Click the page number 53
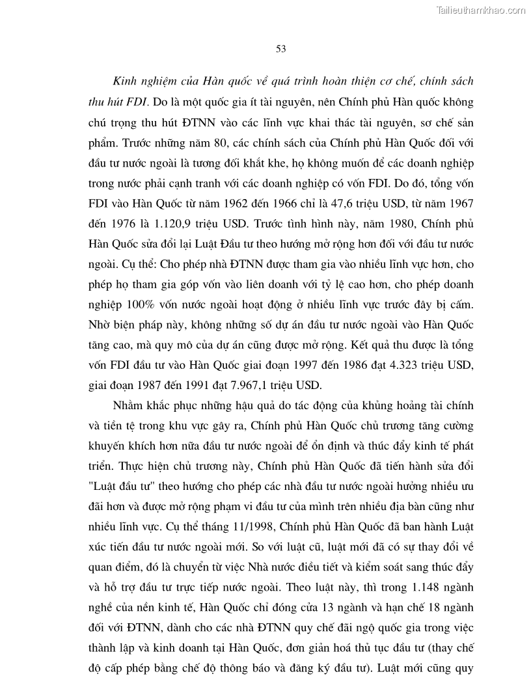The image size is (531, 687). (281, 49)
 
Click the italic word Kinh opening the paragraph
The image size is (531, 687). (126, 83)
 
